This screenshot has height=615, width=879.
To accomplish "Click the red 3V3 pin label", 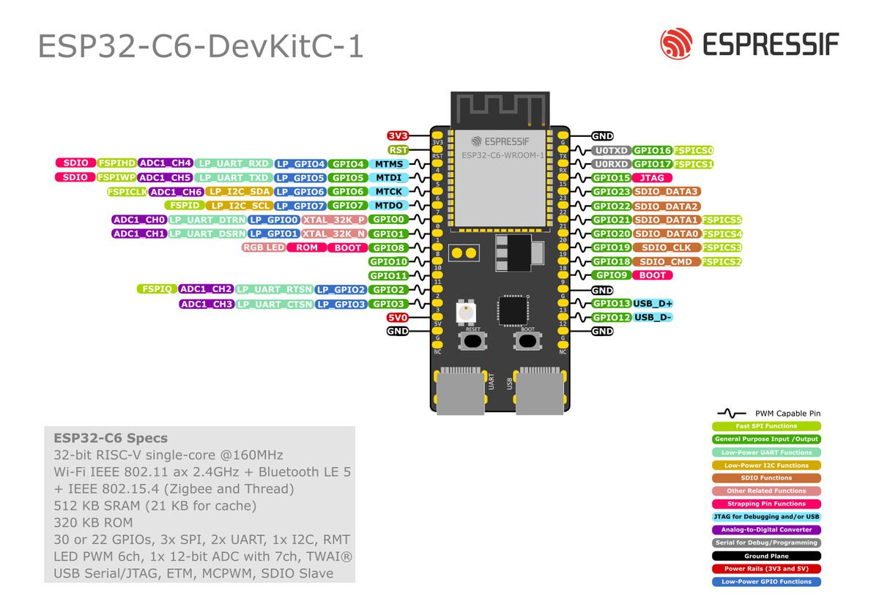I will coord(398,136).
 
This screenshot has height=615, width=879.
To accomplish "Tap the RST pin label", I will coord(398,149).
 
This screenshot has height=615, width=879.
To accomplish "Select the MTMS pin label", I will coord(389,164).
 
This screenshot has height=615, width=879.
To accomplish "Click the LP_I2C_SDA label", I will coord(238,192).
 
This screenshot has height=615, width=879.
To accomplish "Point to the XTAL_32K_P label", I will coord(334,220).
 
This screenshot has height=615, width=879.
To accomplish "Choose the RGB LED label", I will coord(263,247).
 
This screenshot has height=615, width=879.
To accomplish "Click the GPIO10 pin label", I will coord(388,261).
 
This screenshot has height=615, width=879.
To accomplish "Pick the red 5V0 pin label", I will coord(398,318).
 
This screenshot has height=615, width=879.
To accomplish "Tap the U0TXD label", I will coord(612,150).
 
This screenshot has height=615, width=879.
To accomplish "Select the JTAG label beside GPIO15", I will coord(652,178).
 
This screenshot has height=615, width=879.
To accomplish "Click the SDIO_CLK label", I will coord(666,247).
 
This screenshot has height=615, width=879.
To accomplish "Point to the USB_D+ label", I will coord(653,303).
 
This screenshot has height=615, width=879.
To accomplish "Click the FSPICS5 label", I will coord(722,220).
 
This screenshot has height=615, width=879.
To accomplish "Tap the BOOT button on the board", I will coord(527,340).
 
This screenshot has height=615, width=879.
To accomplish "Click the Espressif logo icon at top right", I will coord(675,44).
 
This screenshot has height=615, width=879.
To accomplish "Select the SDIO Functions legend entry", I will coord(766,478).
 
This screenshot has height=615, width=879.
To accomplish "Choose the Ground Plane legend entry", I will coord(766,556).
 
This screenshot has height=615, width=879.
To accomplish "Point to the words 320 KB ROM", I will coord(93,523).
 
